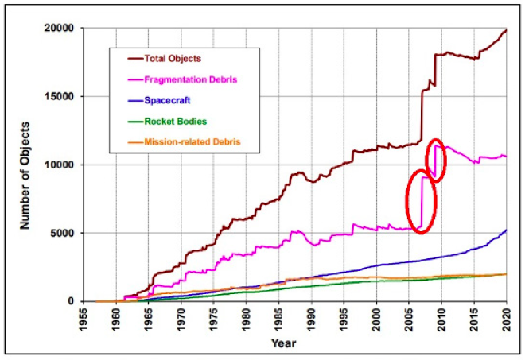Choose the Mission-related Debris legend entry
192,141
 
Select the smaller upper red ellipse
436,160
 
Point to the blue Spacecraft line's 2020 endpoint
506,230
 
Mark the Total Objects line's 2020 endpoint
506,30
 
